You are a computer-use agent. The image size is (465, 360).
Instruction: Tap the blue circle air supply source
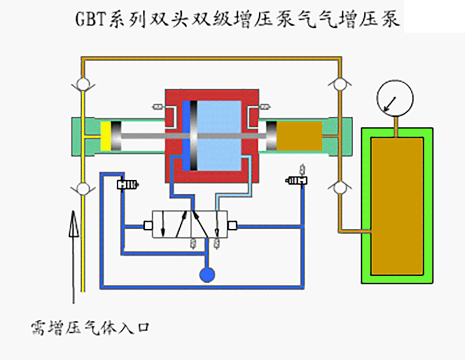(x=206, y=273)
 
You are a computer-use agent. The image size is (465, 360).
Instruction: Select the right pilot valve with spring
(x=298, y=181)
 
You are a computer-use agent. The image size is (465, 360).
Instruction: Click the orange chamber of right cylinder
(x=298, y=134)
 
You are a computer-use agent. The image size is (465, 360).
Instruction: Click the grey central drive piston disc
(x=194, y=136)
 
